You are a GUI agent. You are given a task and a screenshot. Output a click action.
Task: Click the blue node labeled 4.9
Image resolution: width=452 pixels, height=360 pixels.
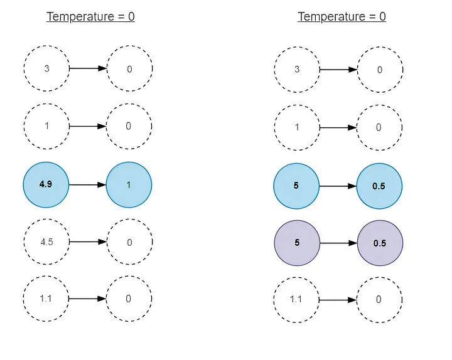pos(46,185)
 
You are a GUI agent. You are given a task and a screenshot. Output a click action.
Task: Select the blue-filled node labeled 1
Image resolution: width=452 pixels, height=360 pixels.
pos(129,185)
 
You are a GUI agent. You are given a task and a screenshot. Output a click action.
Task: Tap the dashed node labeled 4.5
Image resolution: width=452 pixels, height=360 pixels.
pos(46,242)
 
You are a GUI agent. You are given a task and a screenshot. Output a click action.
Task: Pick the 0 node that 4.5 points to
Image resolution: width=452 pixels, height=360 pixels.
pos(129,242)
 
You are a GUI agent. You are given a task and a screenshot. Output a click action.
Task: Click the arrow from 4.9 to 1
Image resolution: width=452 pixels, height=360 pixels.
pos(87,185)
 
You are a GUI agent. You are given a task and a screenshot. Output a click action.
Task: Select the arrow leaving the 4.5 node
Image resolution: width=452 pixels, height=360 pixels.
pos(87,242)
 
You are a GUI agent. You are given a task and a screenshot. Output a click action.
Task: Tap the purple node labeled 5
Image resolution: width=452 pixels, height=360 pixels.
pos(296,243)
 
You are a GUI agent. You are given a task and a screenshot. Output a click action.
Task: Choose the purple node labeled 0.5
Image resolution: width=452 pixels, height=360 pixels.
pos(380,243)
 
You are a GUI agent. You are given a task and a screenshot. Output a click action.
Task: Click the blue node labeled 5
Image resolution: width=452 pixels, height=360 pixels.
pos(296,186)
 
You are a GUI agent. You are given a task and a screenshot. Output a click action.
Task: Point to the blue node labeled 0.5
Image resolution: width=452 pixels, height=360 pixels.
pos(380,186)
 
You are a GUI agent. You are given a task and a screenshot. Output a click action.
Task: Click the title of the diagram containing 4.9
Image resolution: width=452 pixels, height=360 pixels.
pos(90,16)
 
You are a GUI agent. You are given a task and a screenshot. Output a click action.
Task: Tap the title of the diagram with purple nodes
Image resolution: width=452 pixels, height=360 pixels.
pos(342,16)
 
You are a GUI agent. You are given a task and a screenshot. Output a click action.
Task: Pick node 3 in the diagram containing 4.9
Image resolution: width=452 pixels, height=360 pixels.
pos(46,68)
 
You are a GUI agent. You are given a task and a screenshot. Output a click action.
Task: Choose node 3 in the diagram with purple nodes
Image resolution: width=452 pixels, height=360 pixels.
pos(297,68)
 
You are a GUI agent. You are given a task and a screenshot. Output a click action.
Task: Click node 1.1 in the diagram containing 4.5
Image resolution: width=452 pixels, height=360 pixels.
pos(46,299)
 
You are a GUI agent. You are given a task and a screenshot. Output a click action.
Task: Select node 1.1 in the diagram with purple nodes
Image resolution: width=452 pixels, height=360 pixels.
pos(296,299)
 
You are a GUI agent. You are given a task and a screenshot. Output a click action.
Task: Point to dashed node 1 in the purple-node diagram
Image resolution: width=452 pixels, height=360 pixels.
pos(297,127)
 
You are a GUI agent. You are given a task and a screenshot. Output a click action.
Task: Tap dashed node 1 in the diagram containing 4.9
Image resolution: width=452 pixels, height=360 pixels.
pos(46,126)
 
